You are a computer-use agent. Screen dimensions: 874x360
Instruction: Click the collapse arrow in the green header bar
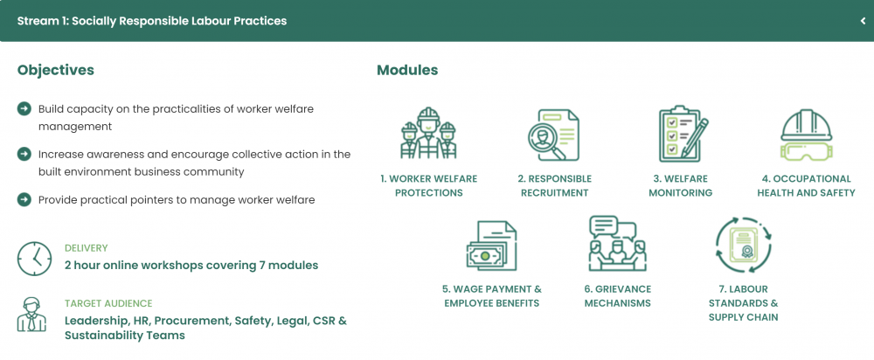coord(863,21)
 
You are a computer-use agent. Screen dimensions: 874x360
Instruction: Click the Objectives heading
coord(56,70)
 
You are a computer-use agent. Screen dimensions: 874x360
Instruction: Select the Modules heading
coord(407,70)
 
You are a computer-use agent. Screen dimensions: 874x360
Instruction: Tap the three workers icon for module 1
coord(428,133)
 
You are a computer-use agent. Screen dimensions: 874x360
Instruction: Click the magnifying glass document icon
coord(553,135)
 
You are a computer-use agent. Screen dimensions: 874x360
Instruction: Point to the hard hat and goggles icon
coord(806,134)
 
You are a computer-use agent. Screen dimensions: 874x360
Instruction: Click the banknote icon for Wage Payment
coord(491,246)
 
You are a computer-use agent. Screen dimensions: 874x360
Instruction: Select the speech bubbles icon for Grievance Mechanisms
coord(617,244)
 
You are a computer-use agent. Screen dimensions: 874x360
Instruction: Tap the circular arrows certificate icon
coord(743,246)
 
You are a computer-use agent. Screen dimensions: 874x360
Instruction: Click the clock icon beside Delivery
coord(35,260)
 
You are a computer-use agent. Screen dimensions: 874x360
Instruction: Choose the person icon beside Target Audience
coord(31,315)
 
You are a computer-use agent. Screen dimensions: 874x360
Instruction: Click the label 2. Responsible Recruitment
coord(554,186)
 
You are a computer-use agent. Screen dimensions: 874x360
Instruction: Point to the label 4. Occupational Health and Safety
coord(806,186)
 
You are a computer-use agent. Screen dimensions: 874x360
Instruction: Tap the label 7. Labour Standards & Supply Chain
coord(743,303)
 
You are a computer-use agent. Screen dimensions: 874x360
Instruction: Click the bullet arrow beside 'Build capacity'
coord(24,108)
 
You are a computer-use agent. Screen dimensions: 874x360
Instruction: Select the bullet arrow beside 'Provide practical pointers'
coord(24,199)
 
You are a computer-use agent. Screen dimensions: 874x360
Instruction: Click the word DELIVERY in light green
coord(87,248)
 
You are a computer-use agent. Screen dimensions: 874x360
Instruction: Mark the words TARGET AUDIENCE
coord(108,304)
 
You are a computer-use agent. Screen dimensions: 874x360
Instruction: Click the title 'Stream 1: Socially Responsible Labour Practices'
coord(152,21)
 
